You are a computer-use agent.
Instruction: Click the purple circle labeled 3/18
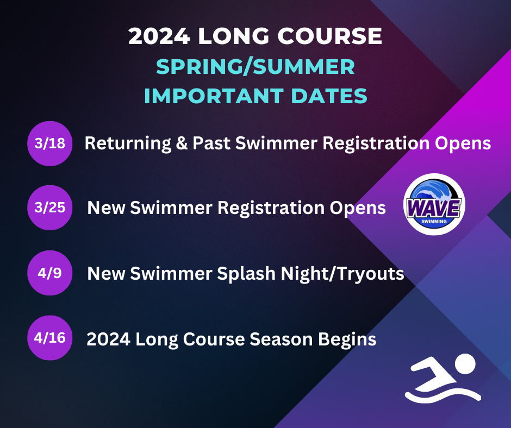49,143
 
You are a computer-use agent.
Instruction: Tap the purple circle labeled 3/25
49,207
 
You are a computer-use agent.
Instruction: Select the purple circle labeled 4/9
49,273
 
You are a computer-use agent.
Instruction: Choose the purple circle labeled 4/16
49,338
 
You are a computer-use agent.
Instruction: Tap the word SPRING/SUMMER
255,67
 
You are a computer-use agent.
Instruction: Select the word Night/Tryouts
342,273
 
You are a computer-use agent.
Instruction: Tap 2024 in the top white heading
158,36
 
